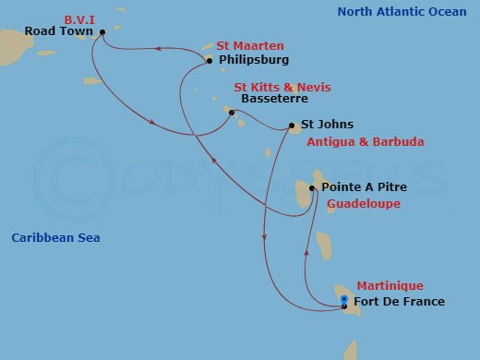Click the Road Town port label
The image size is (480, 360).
tap(59, 31)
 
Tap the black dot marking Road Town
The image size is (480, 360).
tap(102, 31)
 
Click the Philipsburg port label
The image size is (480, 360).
tap(254, 60)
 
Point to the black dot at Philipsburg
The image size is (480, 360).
tap(210, 61)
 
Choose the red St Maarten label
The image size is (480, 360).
tap(249, 45)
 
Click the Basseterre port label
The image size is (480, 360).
tap(273, 100)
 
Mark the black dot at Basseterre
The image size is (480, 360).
tap(232, 113)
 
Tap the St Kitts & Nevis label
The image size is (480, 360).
tap(282, 87)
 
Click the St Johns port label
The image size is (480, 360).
tap(328, 125)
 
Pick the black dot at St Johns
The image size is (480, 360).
tap(292, 126)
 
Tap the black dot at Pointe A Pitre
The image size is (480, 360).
tap(312, 188)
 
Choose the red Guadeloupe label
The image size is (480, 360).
tap(364, 204)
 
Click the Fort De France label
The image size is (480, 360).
tap(399, 302)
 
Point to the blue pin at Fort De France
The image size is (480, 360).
tap(344, 299)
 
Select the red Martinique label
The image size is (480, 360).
tap(390, 286)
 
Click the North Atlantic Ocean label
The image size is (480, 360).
tap(401, 12)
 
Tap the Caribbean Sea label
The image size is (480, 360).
tap(55, 238)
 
